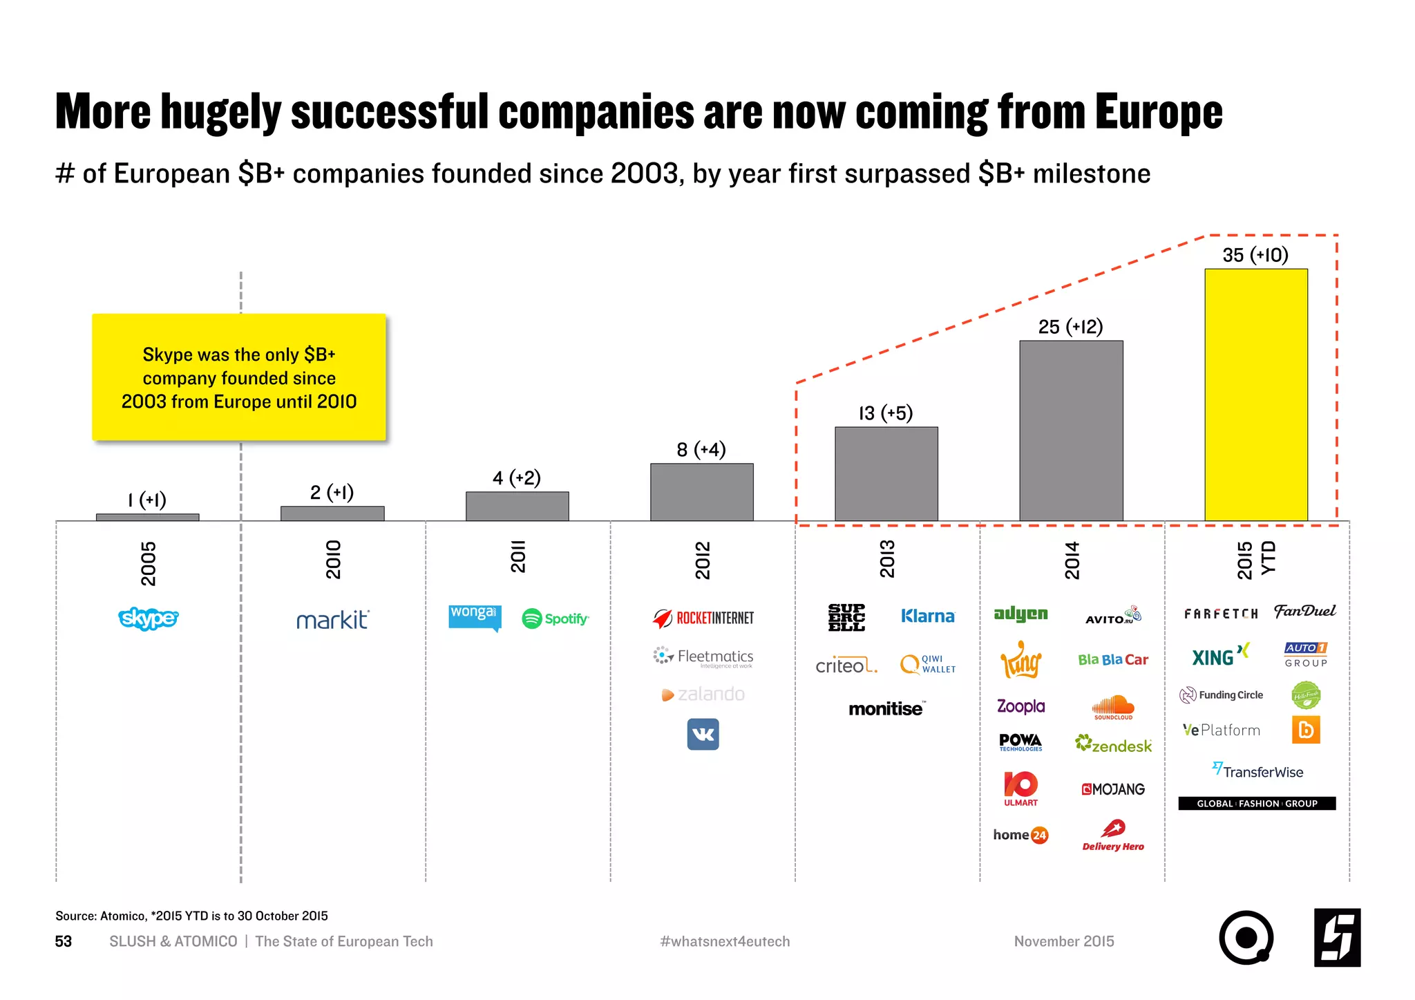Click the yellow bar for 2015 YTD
pyautogui.click(x=1255, y=395)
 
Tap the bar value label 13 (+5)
pyautogui.click(x=885, y=413)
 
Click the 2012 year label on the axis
pyautogui.click(x=702, y=560)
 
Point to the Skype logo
pyautogui.click(x=148, y=618)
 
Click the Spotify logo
pyautogui.click(x=555, y=619)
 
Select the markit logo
pyautogui.click(x=332, y=620)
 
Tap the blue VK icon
pyautogui.click(x=703, y=734)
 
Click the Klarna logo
pyautogui.click(x=927, y=616)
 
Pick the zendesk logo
pyautogui.click(x=1113, y=745)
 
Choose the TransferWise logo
pyautogui.click(x=1257, y=771)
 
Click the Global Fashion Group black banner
pyautogui.click(x=1256, y=803)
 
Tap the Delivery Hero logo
pyautogui.click(x=1113, y=835)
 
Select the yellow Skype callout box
pyautogui.click(x=239, y=377)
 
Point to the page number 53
pyautogui.click(x=64, y=941)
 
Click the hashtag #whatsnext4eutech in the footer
pyautogui.click(x=725, y=941)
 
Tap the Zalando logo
pyautogui.click(x=703, y=694)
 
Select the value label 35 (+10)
pyautogui.click(x=1255, y=255)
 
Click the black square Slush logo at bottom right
pyautogui.click(x=1337, y=938)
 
